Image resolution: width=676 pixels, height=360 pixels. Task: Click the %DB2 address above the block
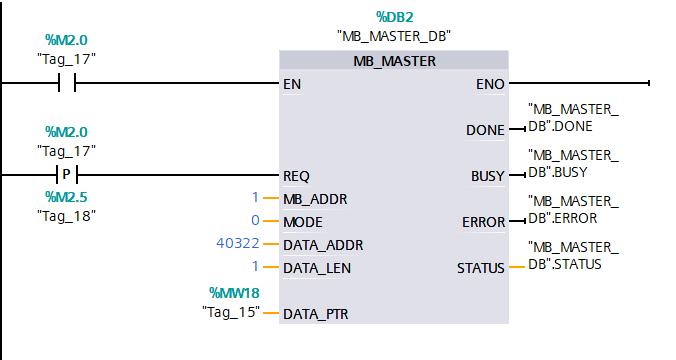pos(394,17)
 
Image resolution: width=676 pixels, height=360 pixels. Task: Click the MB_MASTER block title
pos(394,61)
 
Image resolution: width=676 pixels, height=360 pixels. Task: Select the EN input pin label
pos(292,85)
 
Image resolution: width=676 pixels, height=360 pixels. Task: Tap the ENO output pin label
pos(491,85)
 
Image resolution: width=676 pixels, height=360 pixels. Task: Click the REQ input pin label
pos(297,175)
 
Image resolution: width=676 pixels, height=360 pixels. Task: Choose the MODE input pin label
pos(303,221)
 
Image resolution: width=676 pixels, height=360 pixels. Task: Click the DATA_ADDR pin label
pos(323,244)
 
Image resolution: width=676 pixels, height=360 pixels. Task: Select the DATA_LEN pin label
pos(318,267)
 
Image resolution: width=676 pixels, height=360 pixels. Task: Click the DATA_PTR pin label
pos(317,313)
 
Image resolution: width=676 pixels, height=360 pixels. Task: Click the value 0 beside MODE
pos(255,221)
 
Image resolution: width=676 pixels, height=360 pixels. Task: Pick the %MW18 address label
pos(234,292)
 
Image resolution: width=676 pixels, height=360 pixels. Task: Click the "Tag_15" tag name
pos(230,312)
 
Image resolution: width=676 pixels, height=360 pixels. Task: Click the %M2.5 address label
pos(67,197)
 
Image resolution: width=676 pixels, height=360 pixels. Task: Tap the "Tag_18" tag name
pos(67,215)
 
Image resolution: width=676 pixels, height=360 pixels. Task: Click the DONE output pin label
pos(485,130)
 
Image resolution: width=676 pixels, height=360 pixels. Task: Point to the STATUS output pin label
pos(480,267)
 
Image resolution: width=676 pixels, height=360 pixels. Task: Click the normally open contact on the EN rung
pos(67,84)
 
